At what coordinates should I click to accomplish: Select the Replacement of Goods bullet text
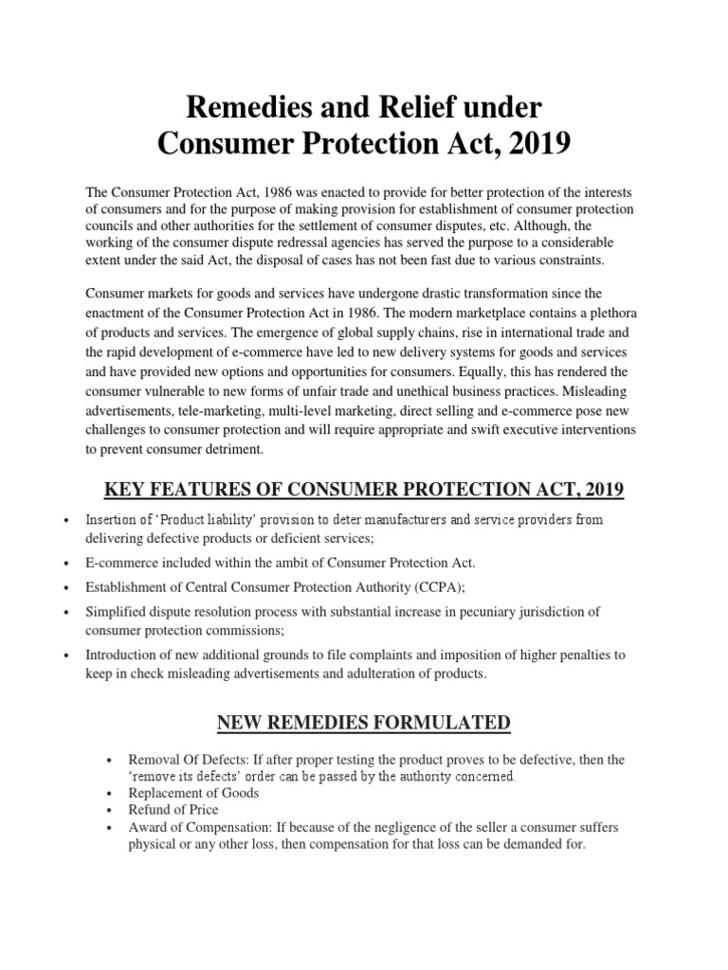(193, 793)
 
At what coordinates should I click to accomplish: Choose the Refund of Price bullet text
(173, 810)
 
